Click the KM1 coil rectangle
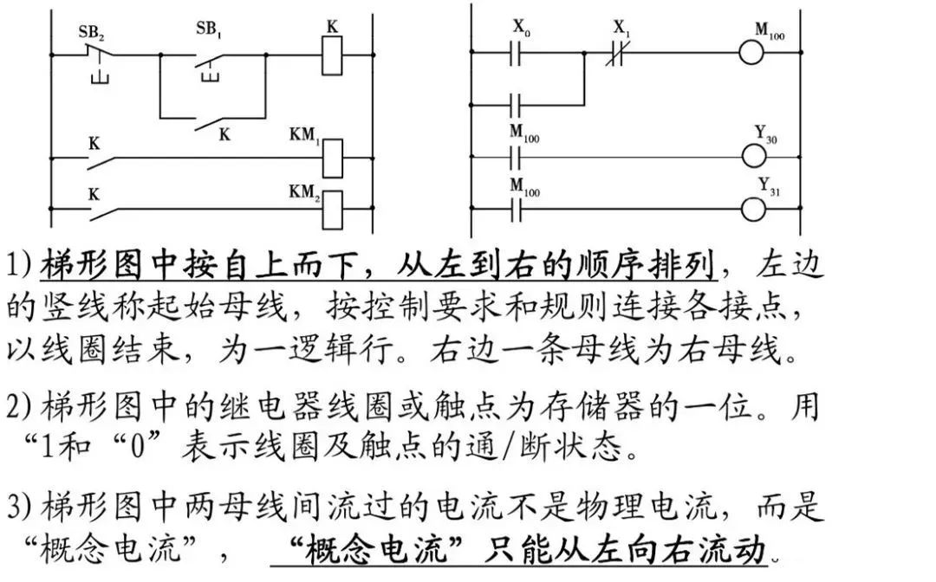pos(334,158)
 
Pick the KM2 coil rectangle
pos(334,208)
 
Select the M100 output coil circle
pos(753,55)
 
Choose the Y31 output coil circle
pos(753,208)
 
